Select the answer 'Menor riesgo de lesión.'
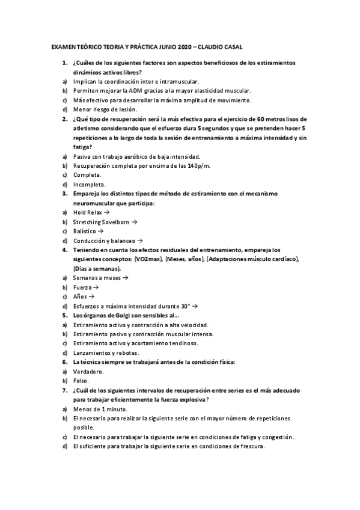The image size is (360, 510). point(105,109)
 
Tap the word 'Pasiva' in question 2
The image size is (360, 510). point(82,156)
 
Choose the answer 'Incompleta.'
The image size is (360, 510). point(89,184)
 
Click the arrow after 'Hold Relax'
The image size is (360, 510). point(106,212)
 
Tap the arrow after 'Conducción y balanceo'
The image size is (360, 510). point(139,241)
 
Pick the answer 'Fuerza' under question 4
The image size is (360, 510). point(81,287)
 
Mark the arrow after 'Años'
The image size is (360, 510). point(91,296)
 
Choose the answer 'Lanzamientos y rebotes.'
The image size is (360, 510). point(106,352)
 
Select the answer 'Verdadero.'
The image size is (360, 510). point(88,372)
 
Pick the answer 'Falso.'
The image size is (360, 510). point(81,381)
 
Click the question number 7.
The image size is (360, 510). point(65,390)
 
